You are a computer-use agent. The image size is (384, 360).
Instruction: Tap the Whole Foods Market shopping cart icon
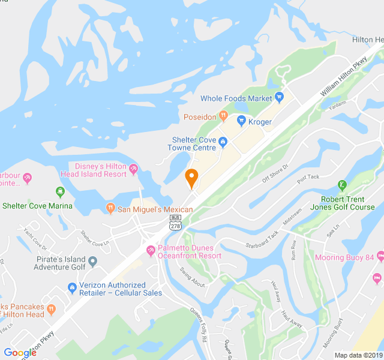click(x=280, y=98)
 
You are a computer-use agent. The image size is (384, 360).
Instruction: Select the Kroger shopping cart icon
click(x=242, y=121)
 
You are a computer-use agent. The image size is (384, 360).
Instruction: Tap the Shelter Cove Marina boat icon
click(x=59, y=192)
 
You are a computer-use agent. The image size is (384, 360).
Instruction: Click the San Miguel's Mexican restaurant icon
click(x=110, y=208)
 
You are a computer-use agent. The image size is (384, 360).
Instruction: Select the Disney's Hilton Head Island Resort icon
click(x=133, y=170)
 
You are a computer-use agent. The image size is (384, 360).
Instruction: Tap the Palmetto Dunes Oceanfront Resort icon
click(x=151, y=250)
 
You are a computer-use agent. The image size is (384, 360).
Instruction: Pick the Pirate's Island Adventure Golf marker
click(x=92, y=262)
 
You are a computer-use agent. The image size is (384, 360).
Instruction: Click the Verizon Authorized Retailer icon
click(x=72, y=289)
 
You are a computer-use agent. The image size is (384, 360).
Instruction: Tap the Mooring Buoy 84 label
click(x=344, y=258)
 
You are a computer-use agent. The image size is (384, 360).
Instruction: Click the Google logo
click(x=20, y=353)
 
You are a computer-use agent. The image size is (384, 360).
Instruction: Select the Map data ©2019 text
click(x=358, y=355)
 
